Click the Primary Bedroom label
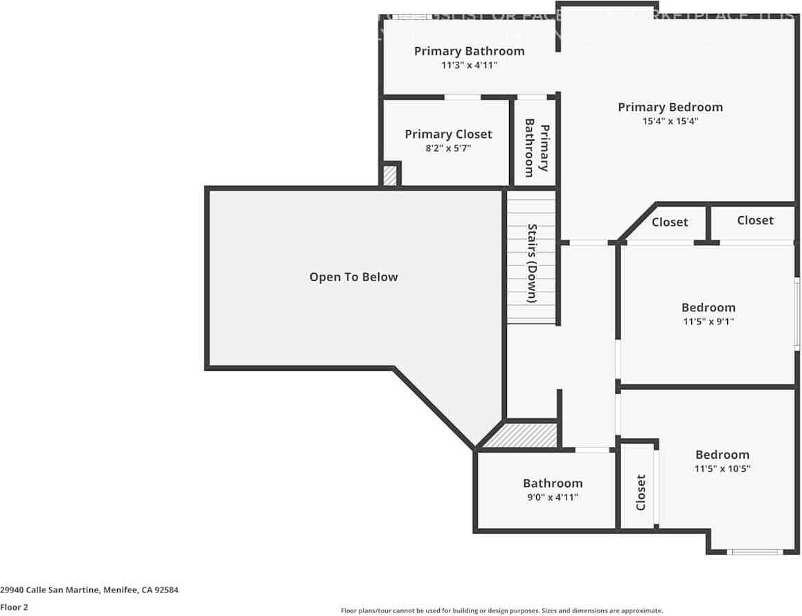click(670, 107)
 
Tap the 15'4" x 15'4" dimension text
click(670, 121)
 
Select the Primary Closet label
click(448, 134)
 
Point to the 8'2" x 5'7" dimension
click(448, 148)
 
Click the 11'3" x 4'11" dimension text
click(469, 65)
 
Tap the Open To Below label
click(353, 277)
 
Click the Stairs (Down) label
click(533, 263)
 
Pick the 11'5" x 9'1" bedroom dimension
click(708, 322)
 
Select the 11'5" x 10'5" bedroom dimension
click(722, 468)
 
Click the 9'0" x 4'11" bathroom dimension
click(552, 497)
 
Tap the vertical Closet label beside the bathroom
click(641, 492)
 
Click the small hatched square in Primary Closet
click(391, 175)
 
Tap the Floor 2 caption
click(15, 607)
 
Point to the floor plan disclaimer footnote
click(501, 610)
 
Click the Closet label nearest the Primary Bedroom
click(670, 222)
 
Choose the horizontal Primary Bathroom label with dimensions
click(469, 51)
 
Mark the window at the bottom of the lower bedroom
click(755, 552)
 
